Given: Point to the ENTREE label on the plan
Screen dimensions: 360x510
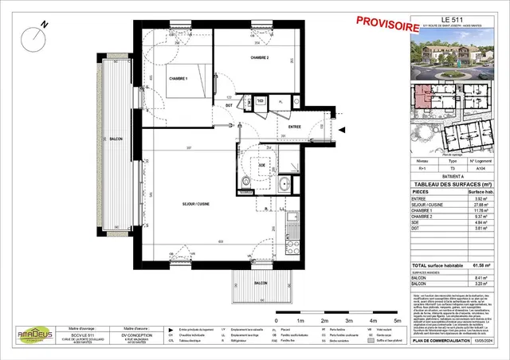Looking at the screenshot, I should coord(295,126).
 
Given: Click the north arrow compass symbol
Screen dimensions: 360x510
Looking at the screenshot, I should coord(37,33).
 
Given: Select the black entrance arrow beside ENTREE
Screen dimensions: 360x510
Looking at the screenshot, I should coord(342,128).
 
